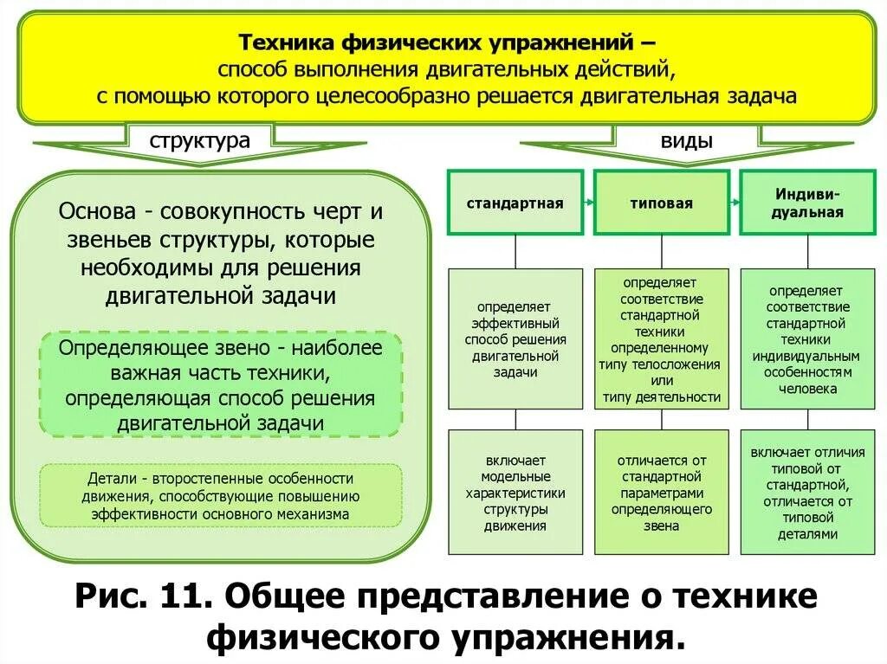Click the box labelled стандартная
tap(515, 203)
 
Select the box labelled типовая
tap(661, 203)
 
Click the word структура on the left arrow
tap(199, 141)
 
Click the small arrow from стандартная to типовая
tap(589, 203)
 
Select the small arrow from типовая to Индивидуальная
tap(735, 203)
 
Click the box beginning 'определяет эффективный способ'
tap(515, 338)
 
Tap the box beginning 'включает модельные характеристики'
tap(515, 493)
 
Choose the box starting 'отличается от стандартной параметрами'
tap(661, 493)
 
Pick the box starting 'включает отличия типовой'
tap(807, 493)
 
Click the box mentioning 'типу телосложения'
tap(661, 338)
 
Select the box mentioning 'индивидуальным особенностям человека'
tap(807, 338)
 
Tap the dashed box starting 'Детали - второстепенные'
tap(222, 496)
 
